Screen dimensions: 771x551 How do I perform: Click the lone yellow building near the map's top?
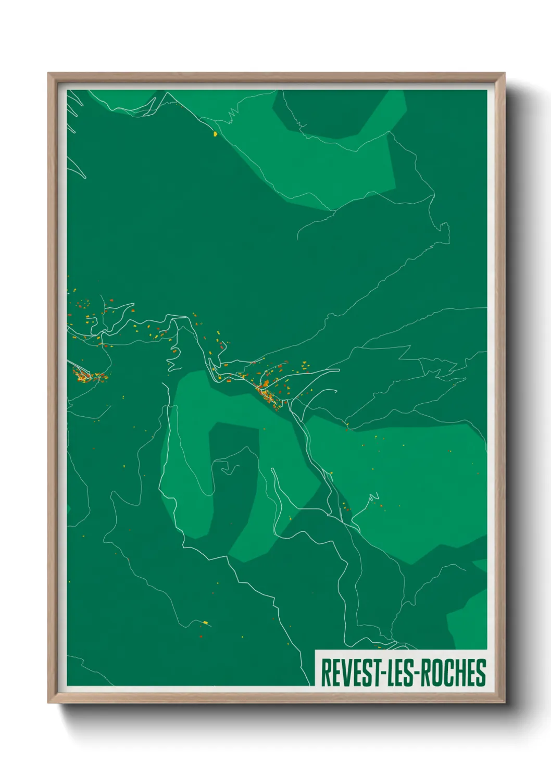pos(215,134)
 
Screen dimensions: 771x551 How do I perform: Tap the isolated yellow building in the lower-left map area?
pos(205,621)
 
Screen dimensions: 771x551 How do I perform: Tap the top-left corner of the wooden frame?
pos(49,74)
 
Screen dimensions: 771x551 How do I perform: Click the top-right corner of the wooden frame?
pos(504,74)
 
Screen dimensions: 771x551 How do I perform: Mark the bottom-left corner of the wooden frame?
pos(49,702)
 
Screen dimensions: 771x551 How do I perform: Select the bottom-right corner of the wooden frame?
pos(504,702)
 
